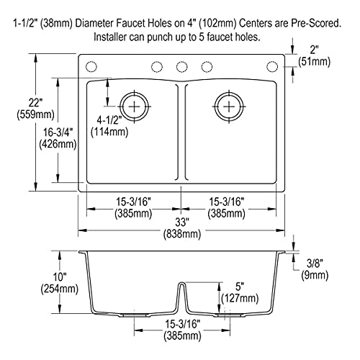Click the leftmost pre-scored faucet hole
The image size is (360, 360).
(91, 66)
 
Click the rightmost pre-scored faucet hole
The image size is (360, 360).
(272, 66)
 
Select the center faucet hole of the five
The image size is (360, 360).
(181, 66)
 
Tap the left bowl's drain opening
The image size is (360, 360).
(134, 107)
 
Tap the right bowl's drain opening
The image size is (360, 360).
(229, 107)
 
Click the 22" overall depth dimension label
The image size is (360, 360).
(35, 103)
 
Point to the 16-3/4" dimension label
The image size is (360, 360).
(58, 132)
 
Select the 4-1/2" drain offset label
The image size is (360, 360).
(109, 120)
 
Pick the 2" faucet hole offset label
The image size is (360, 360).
(314, 50)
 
